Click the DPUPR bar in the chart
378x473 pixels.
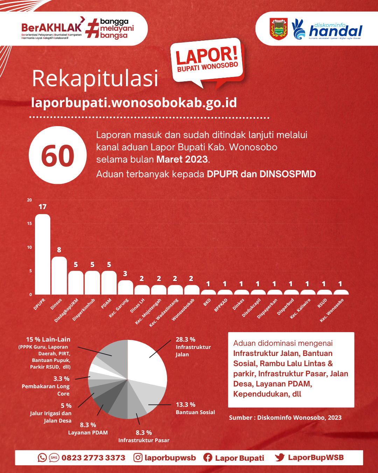click(x=43, y=254)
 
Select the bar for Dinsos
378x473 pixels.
click(x=59, y=275)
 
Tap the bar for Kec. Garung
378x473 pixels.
click(x=125, y=287)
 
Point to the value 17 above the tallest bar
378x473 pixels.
click(x=43, y=207)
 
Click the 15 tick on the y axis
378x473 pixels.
click(x=29, y=224)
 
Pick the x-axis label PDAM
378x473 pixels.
click(x=106, y=303)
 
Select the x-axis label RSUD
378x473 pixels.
click(x=322, y=303)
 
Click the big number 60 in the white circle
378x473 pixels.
click(x=58, y=156)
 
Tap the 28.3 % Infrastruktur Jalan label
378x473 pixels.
click(x=193, y=347)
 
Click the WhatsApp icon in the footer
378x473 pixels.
click(x=42, y=458)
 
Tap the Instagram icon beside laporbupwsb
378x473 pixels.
click(x=138, y=458)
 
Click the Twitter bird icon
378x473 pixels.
click(x=280, y=458)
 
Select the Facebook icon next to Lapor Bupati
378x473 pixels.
click(x=208, y=458)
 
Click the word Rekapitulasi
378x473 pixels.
click(x=95, y=79)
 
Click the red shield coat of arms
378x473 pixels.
click(x=279, y=29)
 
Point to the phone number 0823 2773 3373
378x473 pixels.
click(x=93, y=458)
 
